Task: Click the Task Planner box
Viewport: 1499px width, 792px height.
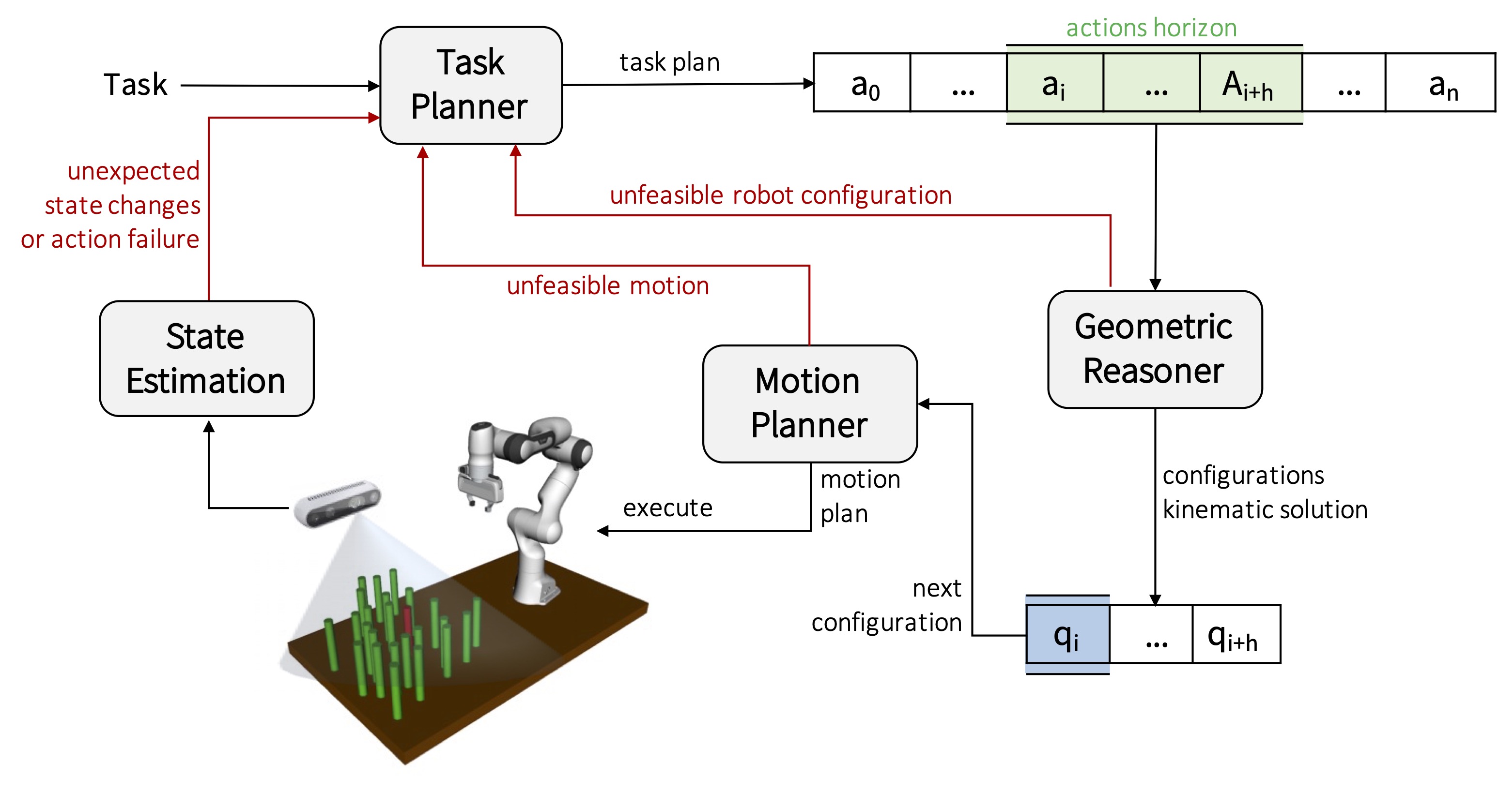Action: pos(471,86)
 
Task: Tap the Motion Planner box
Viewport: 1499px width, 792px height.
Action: pos(809,403)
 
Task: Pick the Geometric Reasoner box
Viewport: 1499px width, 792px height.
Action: pos(1155,349)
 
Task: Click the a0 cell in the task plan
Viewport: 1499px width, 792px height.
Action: pos(863,83)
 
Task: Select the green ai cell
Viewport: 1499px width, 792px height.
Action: pos(1054,83)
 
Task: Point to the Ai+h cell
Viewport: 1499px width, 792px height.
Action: pos(1250,83)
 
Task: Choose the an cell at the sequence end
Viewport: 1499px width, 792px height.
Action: pos(1442,83)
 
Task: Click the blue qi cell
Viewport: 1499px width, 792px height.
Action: pos(1067,635)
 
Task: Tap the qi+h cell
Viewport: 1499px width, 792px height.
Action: pos(1235,635)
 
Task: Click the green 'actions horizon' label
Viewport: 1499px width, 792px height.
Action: pos(1151,28)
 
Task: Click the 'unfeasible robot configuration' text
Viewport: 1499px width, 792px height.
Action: pos(780,195)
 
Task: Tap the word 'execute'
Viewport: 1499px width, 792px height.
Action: pos(667,508)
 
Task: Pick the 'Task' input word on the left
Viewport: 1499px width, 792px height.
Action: pos(135,85)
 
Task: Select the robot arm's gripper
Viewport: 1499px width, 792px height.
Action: pos(480,486)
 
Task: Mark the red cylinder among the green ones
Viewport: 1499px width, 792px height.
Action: pos(407,620)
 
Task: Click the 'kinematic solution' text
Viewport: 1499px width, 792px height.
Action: pos(1265,510)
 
